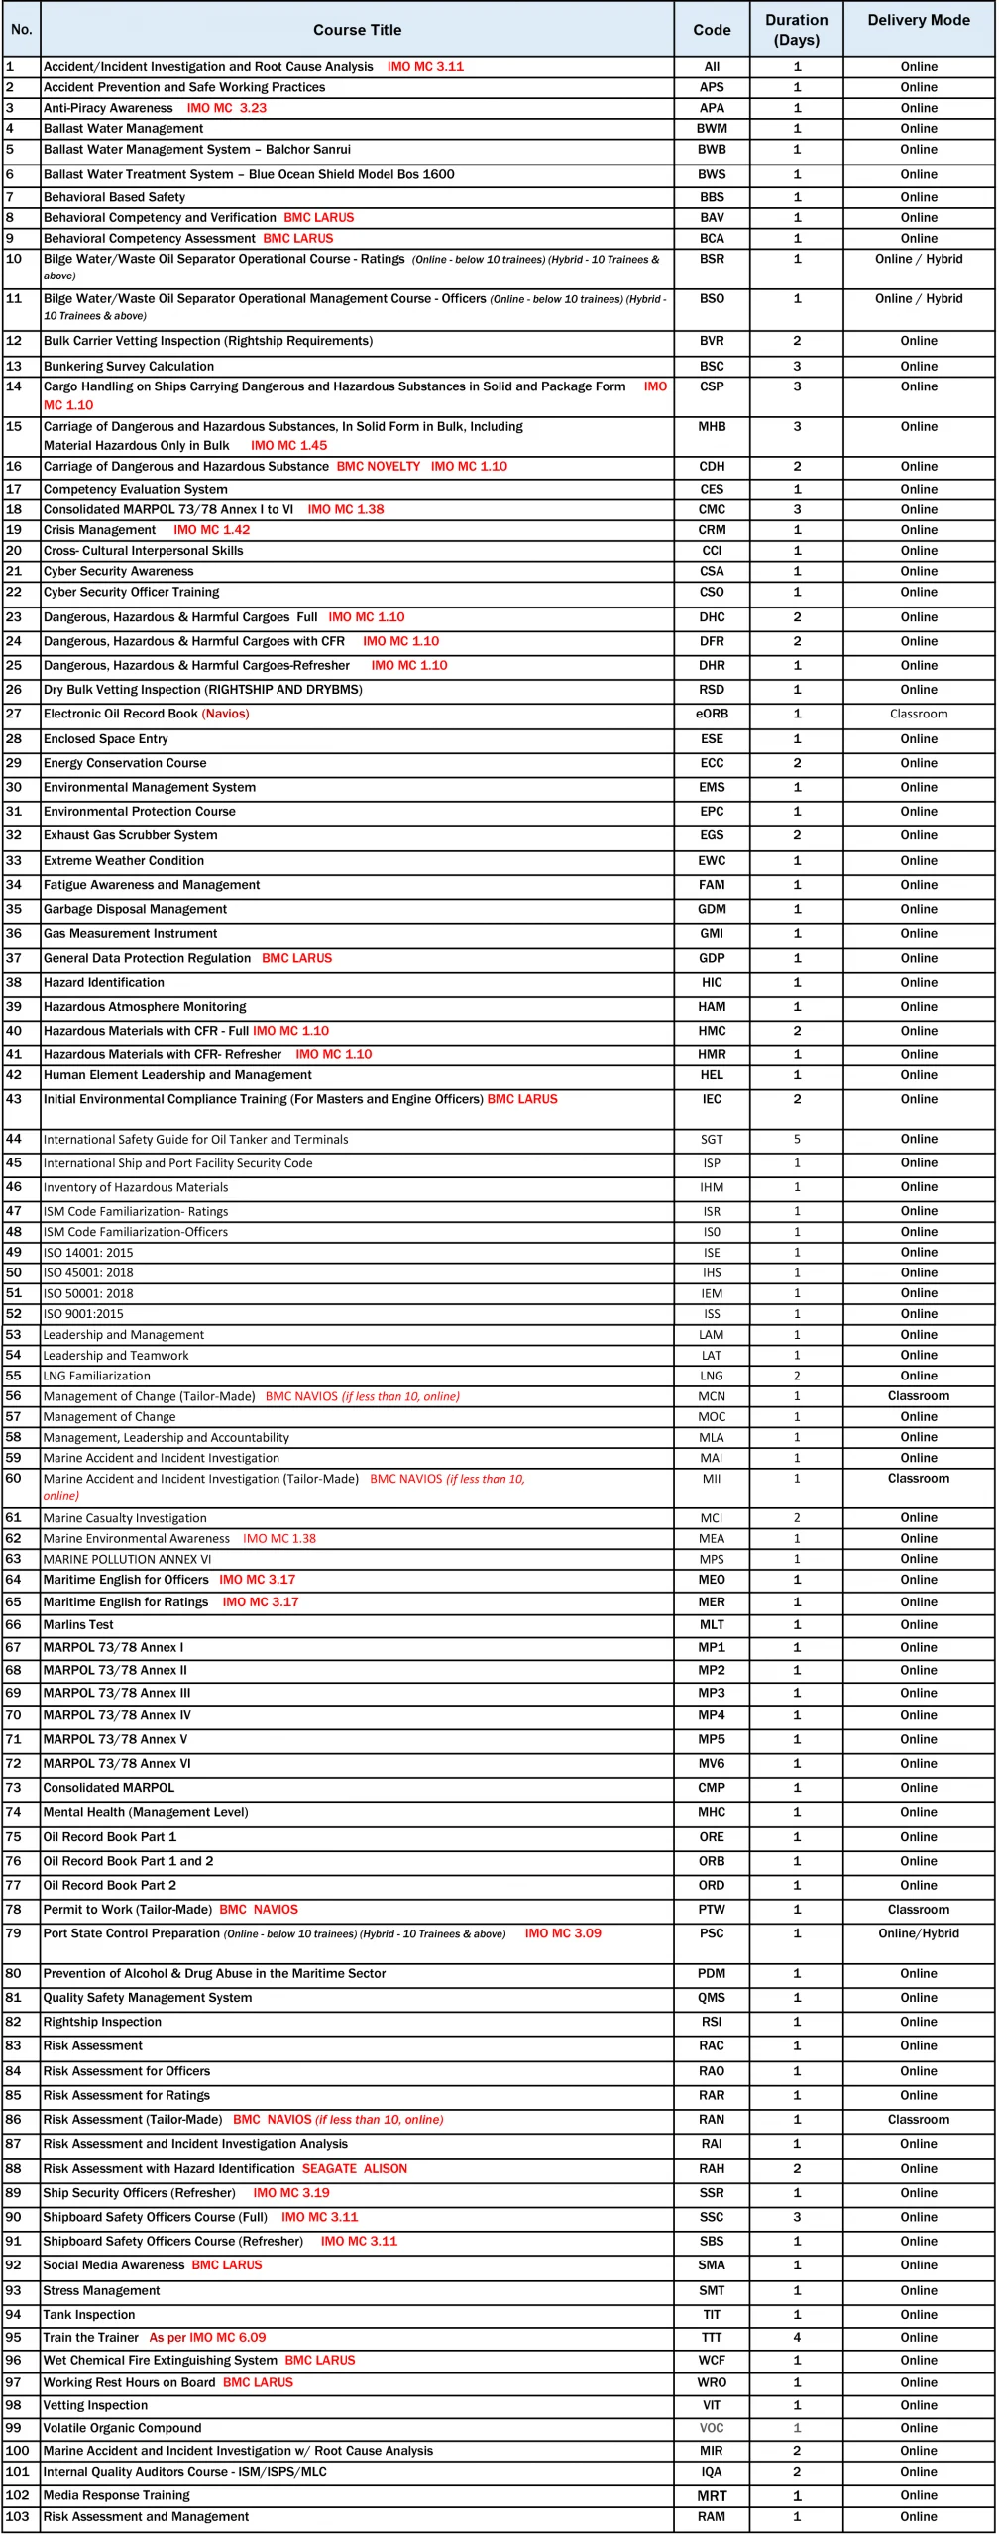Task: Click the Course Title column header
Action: tap(357, 30)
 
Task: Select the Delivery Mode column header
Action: tap(918, 20)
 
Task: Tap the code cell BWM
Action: tap(712, 129)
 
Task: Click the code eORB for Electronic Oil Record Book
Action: tap(712, 714)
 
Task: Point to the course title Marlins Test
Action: tap(78, 1624)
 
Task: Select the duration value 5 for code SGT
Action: tap(797, 1139)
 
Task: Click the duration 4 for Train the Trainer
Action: tap(797, 2337)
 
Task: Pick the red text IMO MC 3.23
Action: tap(226, 108)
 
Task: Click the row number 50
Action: tap(14, 1272)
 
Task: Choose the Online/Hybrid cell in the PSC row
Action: tap(918, 1932)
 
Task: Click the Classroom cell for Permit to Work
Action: tap(918, 1909)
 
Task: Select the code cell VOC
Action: tap(712, 2427)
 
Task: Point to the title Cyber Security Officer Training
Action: tap(131, 592)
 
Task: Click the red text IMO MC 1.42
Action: tap(211, 530)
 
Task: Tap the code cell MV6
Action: tap(712, 1763)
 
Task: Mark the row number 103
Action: tap(17, 2516)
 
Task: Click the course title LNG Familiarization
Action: tap(97, 1376)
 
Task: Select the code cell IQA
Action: tap(712, 2471)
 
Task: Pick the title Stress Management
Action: tap(101, 2290)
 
